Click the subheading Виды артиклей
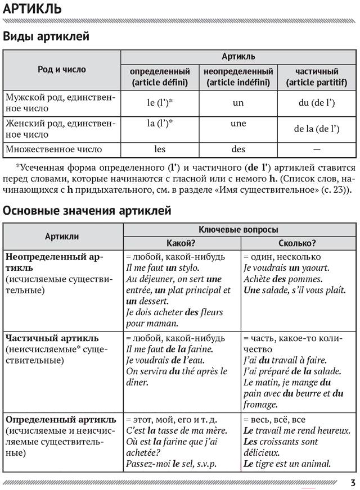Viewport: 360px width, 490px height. (x=46, y=37)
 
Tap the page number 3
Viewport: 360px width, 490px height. (x=352, y=482)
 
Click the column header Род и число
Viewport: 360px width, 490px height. (x=62, y=70)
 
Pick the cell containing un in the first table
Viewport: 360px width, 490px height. (x=238, y=103)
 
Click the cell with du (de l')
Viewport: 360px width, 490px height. (x=317, y=103)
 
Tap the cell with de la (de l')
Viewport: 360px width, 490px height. (x=317, y=129)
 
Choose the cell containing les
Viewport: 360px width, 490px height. (x=160, y=149)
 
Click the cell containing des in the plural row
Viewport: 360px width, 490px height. (x=238, y=149)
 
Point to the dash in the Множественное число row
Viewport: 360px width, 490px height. (x=317, y=149)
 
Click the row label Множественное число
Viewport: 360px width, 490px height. (x=53, y=149)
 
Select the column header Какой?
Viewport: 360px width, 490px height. (x=181, y=243)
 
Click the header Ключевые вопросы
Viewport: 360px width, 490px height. (x=238, y=230)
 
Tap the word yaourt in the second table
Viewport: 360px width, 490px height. (x=315, y=268)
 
